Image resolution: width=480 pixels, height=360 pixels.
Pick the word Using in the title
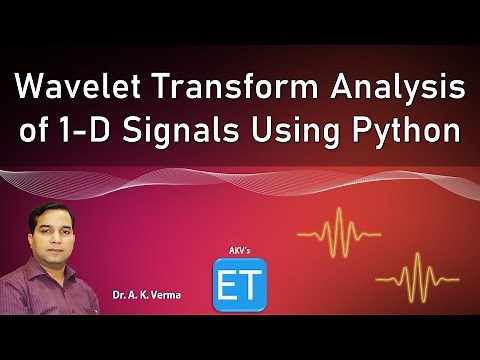(x=299, y=134)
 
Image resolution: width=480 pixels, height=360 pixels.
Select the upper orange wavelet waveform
(x=341, y=231)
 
